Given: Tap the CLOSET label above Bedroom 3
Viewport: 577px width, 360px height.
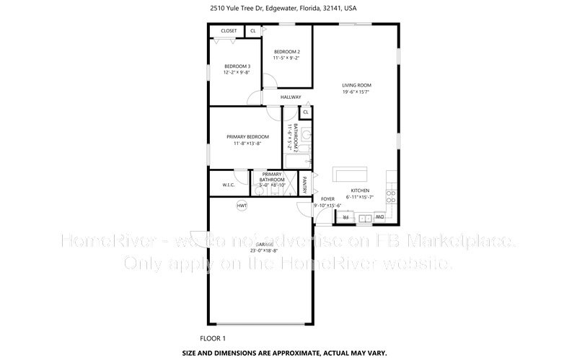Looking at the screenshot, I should pos(229,31).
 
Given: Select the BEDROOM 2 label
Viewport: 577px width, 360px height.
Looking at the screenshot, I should pos(287,52).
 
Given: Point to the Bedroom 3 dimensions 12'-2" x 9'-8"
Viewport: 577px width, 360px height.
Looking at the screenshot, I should pos(237,72).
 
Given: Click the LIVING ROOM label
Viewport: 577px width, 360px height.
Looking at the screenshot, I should pos(356,85).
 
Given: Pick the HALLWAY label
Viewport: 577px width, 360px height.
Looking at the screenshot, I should pos(291,97).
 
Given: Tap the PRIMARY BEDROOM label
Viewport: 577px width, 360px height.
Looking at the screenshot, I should pos(247,136).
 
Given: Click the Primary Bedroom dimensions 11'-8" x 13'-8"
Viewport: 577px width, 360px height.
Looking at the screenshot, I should pos(247,144).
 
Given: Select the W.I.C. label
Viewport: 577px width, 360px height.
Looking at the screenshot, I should pos(229,185).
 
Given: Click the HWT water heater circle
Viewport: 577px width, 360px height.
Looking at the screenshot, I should pos(242,206).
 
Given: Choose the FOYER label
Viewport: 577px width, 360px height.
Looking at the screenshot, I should pos(327,198).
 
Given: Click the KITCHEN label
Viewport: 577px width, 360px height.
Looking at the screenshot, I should pos(361,190).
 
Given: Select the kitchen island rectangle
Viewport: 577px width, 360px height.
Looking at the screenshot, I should pos(350,174).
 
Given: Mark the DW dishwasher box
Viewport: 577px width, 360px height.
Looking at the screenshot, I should pos(379,217).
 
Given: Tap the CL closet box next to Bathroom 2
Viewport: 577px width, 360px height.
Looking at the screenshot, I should pos(306,113).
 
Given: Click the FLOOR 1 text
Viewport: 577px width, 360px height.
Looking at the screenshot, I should pos(213,338).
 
